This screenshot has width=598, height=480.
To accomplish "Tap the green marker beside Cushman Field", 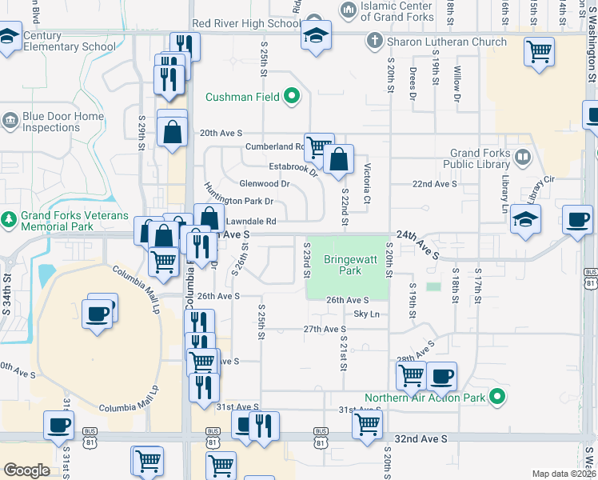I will (292, 98).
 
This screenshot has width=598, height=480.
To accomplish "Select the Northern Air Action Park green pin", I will (497, 397).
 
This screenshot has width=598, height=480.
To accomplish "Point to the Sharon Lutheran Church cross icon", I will (373, 41).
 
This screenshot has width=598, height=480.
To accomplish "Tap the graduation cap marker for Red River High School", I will (316, 36).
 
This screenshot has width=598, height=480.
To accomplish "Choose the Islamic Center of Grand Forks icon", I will (348, 10).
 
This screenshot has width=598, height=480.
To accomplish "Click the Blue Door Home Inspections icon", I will (10, 121).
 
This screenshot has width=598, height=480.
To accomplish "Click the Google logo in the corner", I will (27, 470).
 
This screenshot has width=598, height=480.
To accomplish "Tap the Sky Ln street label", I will (366, 314).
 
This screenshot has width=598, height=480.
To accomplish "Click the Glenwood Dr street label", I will (264, 183).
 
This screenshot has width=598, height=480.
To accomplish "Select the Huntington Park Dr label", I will (239, 196).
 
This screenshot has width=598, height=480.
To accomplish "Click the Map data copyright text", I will (564, 474).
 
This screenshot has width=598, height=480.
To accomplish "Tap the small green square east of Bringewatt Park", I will (433, 286).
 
